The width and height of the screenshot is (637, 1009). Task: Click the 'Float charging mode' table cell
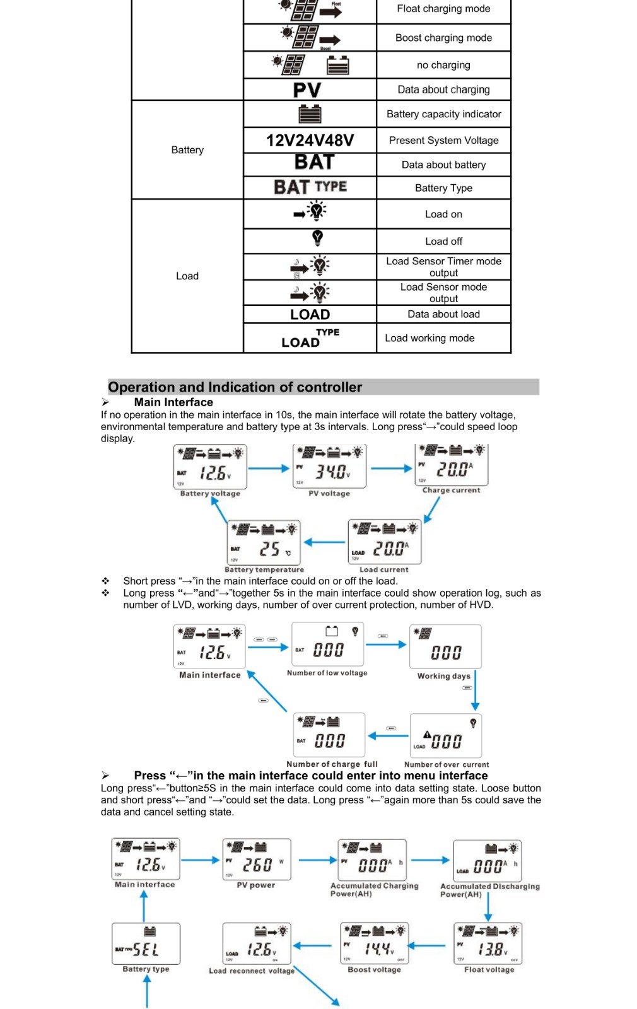tap(443, 9)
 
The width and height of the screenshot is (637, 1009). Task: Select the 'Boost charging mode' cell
tap(443, 38)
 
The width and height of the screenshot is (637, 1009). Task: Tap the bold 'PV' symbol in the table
tap(307, 90)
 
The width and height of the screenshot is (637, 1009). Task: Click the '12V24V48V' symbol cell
tap(310, 140)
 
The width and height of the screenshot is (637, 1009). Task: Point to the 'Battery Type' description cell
tap(443, 188)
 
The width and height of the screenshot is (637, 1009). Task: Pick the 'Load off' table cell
tap(443, 241)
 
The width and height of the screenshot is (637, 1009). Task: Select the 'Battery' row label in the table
tap(187, 150)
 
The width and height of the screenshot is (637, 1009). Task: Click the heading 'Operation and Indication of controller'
tap(235, 387)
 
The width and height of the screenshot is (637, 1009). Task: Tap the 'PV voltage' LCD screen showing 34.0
tap(329, 466)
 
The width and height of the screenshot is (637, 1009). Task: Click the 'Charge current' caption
tap(451, 490)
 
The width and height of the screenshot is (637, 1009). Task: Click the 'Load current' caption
tap(383, 569)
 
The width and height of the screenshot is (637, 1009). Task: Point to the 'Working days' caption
tap(443, 676)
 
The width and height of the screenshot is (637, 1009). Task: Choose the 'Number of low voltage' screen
tap(327, 644)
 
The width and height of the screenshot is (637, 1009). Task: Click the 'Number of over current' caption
tap(446, 764)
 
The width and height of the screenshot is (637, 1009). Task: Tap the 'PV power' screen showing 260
tap(257, 859)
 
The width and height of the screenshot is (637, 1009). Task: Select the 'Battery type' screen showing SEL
tap(146, 943)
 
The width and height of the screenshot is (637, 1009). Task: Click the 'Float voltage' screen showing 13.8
tap(488, 943)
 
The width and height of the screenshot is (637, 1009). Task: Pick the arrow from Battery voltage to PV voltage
tap(269, 469)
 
